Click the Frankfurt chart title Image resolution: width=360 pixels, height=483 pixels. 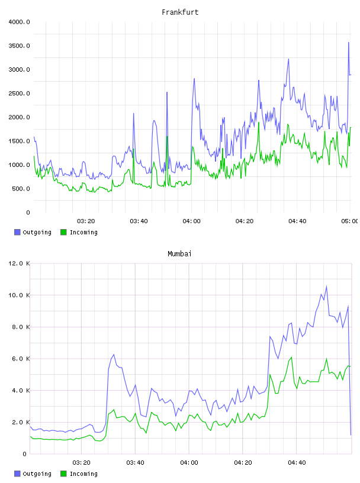point(180,12)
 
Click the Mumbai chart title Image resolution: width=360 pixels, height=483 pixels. point(179,254)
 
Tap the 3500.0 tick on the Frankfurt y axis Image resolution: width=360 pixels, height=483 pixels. point(19,46)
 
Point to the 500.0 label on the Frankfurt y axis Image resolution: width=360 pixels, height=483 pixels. point(21,189)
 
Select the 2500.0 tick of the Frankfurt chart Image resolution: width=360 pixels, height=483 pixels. point(19,94)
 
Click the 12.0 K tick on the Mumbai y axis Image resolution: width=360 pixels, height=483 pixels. point(19,263)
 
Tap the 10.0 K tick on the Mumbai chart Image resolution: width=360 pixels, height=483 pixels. point(19,295)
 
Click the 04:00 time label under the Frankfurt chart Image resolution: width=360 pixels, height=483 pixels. point(191,221)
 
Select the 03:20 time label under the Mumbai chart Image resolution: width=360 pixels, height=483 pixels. point(81,463)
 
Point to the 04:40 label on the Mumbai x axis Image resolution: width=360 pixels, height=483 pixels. point(297,463)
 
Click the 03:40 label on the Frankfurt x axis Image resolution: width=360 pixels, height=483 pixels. point(139,221)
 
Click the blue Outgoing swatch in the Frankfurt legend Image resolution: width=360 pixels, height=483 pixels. point(17,232)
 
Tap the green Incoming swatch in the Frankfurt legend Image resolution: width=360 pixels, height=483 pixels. point(63,232)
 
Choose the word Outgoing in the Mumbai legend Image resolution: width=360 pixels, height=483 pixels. point(37,474)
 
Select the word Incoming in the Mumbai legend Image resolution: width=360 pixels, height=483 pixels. point(83,474)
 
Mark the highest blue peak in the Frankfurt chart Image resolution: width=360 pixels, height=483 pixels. point(349,43)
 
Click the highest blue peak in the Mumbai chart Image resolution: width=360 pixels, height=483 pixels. point(326,286)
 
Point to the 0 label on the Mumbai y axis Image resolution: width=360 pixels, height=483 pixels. point(25,454)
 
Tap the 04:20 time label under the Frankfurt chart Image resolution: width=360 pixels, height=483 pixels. point(245,221)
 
